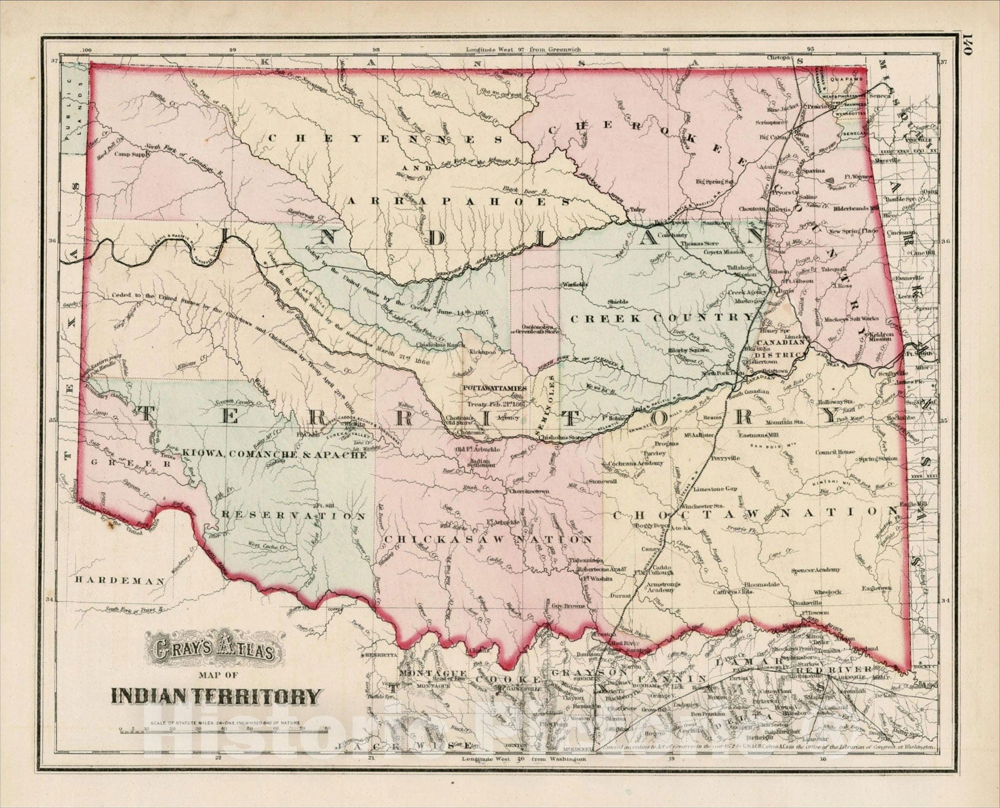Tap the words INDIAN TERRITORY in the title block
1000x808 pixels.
[x=217, y=695]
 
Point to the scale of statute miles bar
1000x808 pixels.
[x=224, y=729]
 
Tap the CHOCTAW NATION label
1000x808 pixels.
[x=754, y=514]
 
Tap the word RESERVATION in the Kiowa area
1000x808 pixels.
[x=292, y=516]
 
